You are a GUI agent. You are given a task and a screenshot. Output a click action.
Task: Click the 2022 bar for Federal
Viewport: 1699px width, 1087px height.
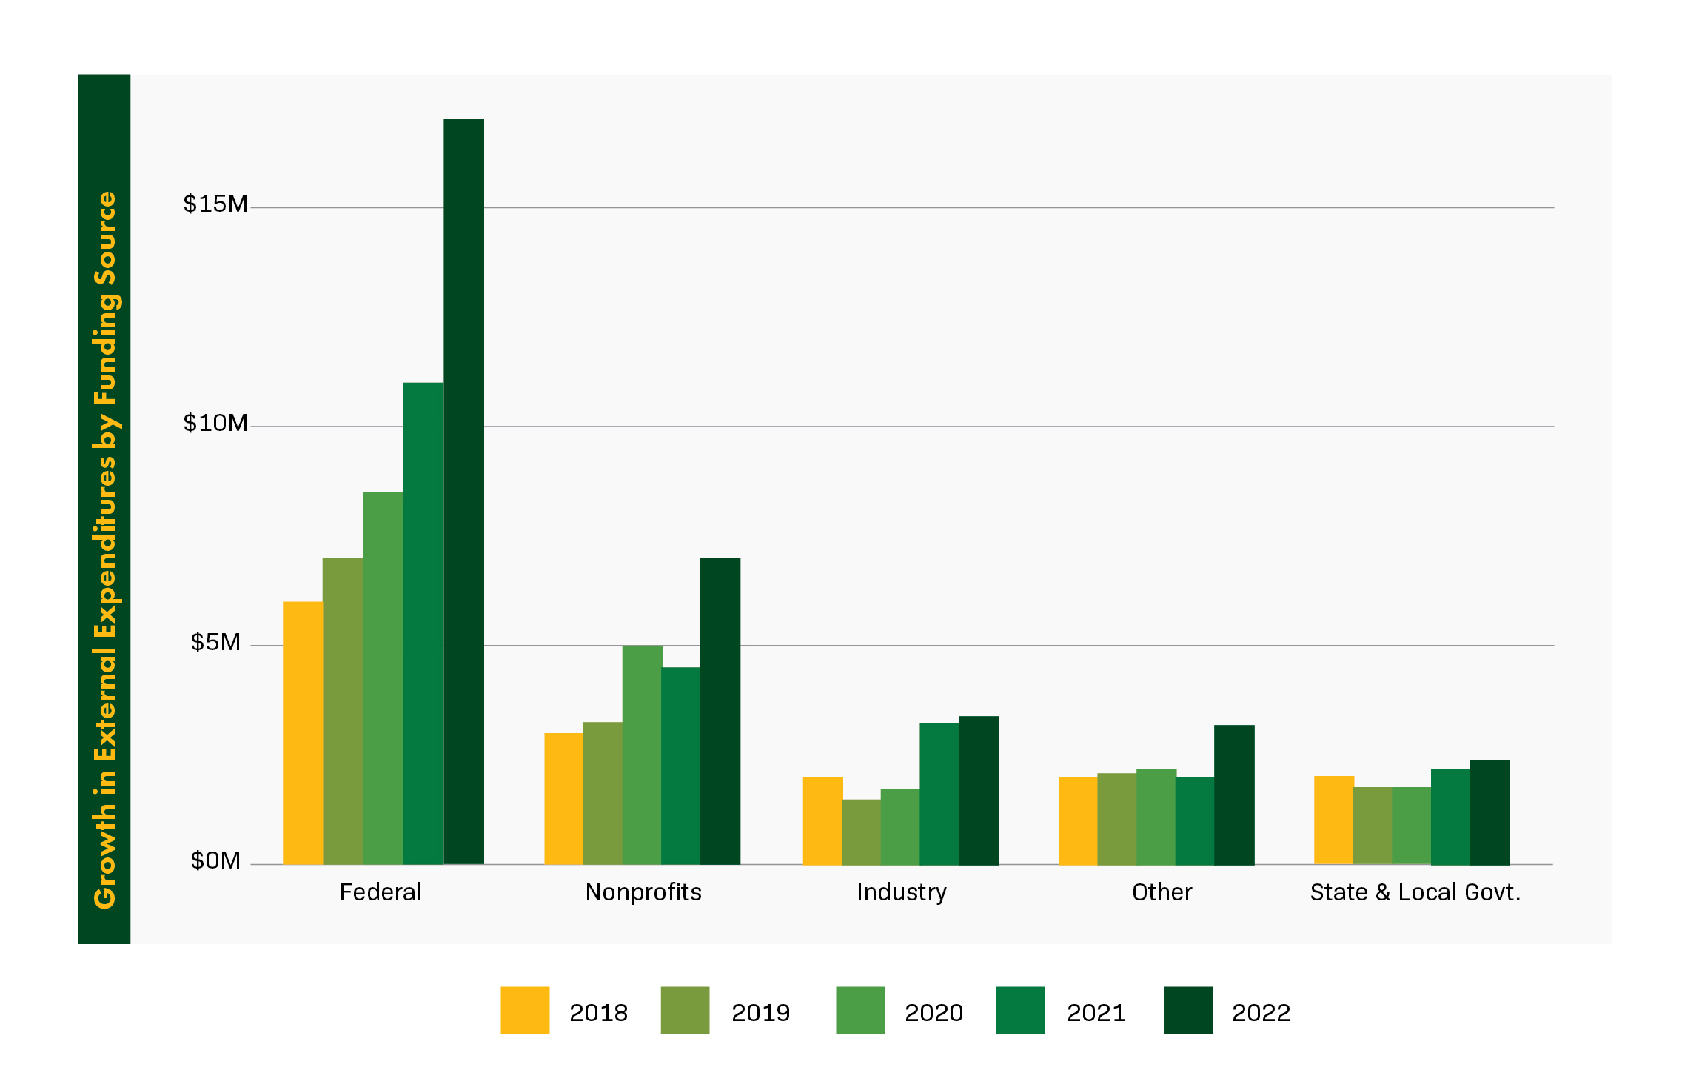(463, 492)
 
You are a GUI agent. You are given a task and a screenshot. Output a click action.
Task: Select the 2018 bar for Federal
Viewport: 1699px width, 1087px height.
(303, 733)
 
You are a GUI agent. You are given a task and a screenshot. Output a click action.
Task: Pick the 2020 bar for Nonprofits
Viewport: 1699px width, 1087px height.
(642, 755)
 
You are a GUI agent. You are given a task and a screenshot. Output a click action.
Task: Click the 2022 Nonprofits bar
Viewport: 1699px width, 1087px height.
(720, 711)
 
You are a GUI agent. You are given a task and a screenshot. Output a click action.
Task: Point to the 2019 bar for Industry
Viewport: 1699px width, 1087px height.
(861, 832)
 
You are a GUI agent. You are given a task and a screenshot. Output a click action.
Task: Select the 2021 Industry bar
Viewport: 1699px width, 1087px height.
(939, 793)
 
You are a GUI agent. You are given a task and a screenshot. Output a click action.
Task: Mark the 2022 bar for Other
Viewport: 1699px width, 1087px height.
(1234, 795)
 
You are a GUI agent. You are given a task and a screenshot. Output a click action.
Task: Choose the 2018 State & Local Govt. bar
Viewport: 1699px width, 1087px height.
(1333, 820)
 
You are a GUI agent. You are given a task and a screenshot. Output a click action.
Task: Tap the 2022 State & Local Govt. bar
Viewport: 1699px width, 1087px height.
(1489, 812)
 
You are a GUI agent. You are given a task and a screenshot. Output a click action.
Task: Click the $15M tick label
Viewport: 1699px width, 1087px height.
(215, 204)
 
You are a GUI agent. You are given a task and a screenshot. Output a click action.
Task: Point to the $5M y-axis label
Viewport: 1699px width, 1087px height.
(215, 642)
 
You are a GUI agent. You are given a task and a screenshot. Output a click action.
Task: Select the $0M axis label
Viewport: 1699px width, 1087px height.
(215, 860)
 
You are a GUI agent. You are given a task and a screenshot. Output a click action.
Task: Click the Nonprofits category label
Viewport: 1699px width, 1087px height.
(643, 892)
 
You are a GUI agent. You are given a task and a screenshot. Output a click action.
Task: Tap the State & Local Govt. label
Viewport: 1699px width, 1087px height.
(1415, 892)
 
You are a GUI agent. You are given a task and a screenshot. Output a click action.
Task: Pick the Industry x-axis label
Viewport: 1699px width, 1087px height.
(901, 892)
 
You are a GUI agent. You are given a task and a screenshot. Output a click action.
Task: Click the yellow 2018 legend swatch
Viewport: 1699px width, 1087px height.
(525, 1010)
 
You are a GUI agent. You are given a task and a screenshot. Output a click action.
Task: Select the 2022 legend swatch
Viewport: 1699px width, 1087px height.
(1188, 1010)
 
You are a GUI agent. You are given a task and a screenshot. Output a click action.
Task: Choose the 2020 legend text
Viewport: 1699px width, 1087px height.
(934, 1012)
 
